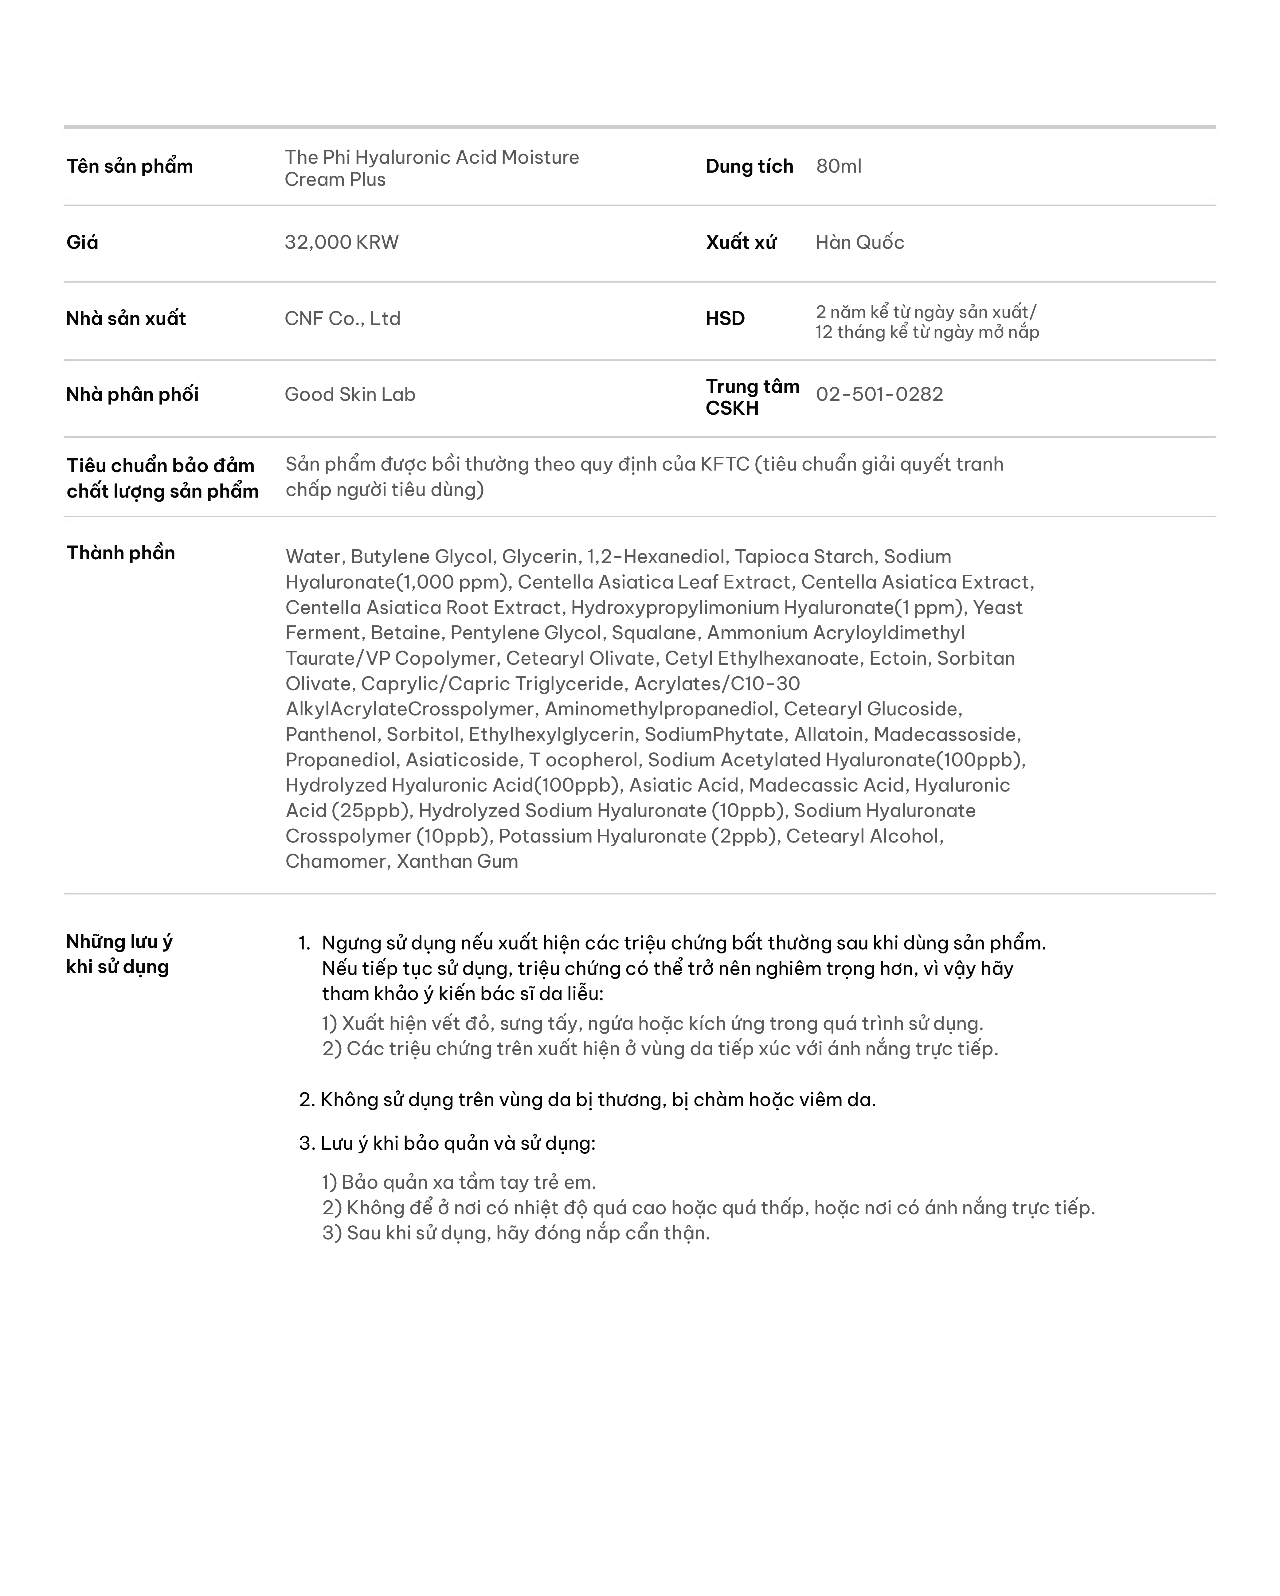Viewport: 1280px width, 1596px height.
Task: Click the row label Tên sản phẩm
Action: (130, 166)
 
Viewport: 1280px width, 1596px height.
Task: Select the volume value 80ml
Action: (838, 166)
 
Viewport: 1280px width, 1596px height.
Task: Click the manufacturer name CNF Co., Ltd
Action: (342, 319)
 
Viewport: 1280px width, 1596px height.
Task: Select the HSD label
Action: (725, 319)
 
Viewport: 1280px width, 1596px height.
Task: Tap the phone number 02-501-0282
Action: (879, 395)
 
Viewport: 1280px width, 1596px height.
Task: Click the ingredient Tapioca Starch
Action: (803, 557)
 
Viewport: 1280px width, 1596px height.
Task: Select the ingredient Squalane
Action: (654, 633)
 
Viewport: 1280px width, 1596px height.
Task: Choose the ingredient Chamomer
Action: (335, 862)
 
